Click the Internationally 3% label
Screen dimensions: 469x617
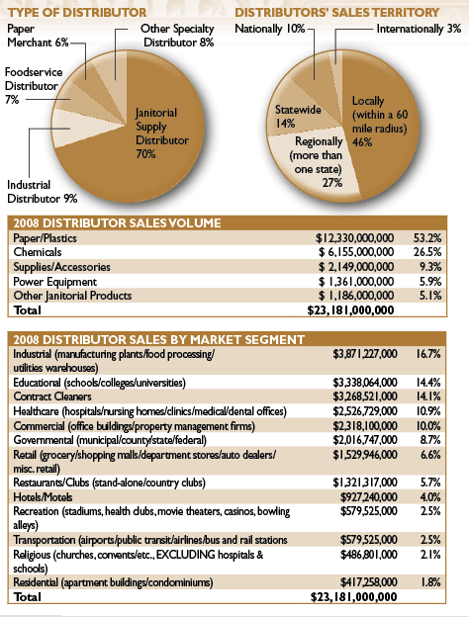click(419, 29)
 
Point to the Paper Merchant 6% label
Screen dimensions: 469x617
click(38, 36)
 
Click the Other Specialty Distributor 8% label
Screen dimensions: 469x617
click(177, 36)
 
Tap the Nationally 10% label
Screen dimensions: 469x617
click(270, 29)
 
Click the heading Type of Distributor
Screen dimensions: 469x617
click(77, 13)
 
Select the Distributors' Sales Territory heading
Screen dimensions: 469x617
click(337, 13)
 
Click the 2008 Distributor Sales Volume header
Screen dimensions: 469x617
click(117, 223)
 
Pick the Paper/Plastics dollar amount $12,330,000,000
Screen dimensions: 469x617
click(354, 238)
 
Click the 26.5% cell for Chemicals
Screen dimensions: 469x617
click(427, 252)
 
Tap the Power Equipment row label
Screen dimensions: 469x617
click(54, 282)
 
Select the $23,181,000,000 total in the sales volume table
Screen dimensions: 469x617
click(350, 310)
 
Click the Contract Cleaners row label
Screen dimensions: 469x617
click(52, 397)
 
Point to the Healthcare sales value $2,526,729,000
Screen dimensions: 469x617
click(365, 411)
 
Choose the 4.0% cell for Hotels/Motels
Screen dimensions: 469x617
click(430, 497)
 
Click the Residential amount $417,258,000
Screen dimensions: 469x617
click(369, 582)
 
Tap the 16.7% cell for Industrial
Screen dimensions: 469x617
click(428, 354)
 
